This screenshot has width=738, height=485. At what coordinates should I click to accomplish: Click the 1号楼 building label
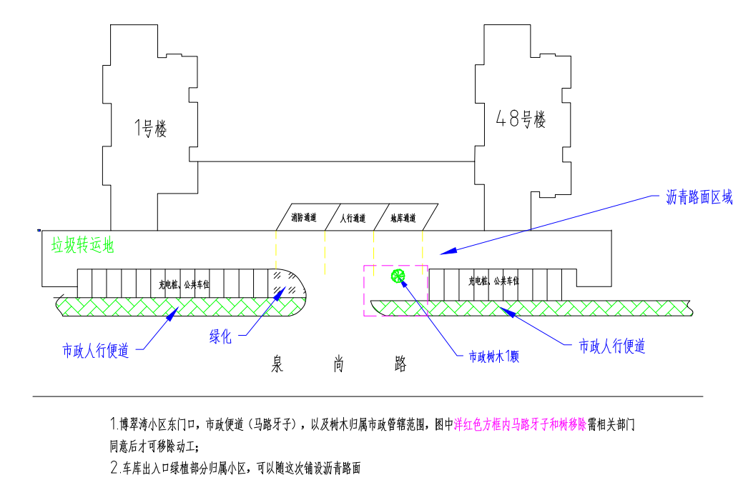coord(150,129)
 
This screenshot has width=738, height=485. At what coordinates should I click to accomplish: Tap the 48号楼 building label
coord(521,119)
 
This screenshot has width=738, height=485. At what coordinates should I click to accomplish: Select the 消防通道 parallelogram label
coord(303,218)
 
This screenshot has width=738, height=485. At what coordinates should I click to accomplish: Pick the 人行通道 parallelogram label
coord(352,218)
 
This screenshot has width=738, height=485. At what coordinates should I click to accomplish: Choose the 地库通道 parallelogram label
coord(403,218)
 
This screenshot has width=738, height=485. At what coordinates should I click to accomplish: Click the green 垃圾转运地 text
coord(82,246)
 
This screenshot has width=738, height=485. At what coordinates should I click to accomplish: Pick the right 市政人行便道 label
coord(612,347)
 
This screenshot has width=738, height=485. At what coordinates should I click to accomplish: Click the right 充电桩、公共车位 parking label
coord(493,281)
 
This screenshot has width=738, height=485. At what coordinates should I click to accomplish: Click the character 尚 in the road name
coord(339,364)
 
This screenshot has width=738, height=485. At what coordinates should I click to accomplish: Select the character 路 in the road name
coord(400,364)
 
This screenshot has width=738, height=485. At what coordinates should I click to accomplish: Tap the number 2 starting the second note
coord(114,469)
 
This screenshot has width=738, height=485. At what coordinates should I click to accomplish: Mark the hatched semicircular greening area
coord(289,286)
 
